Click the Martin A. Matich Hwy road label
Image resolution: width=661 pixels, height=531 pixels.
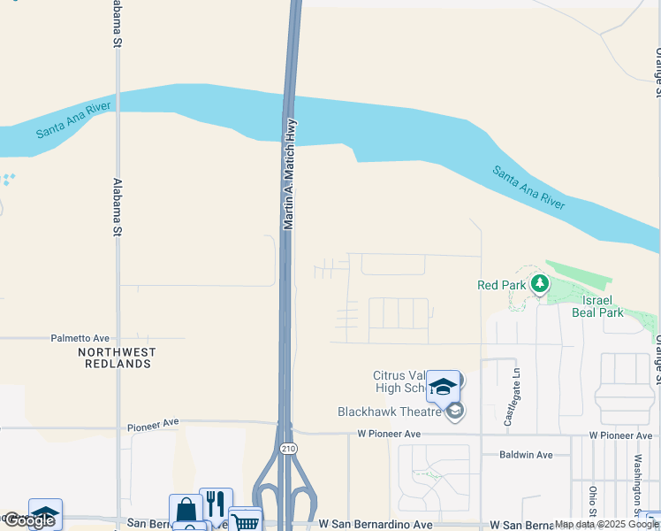[289, 175]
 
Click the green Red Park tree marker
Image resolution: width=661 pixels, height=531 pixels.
[539, 284]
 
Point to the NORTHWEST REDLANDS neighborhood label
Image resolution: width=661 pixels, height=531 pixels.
[117, 358]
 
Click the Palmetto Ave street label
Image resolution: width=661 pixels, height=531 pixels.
[80, 338]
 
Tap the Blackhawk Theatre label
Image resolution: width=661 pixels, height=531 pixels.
[390, 412]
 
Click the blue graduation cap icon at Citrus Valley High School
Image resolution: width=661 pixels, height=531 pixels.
[443, 386]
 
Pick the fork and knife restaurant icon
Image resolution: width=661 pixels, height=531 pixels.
[216, 503]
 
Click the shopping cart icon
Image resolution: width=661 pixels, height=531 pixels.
[245, 520]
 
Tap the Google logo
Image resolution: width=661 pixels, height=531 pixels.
[29, 520]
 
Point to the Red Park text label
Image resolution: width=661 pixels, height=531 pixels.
[500, 285]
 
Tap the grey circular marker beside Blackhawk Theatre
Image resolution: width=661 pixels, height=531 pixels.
[455, 412]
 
